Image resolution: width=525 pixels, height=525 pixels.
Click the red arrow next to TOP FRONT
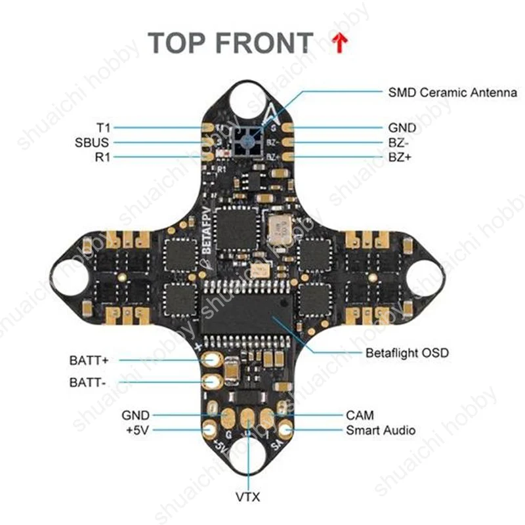coord(339,44)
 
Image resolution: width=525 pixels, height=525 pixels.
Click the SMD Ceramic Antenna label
coord(452,93)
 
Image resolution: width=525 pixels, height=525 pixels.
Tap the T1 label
coord(103,127)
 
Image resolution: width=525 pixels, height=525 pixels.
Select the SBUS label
coord(92,142)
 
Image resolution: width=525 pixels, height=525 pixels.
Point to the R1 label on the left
coord(102,157)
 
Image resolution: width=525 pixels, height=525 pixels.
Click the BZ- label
coord(400,142)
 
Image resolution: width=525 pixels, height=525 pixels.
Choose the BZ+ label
coord(400,157)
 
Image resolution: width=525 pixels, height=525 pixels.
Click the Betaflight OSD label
coord(407,353)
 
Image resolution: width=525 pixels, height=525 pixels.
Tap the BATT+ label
coord(89,360)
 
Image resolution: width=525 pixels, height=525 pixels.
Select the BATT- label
coord(87,381)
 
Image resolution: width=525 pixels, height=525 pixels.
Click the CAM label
coord(360,415)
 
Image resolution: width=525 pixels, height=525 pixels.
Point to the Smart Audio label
coord(381,430)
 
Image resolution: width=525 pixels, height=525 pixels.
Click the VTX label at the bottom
coord(247,497)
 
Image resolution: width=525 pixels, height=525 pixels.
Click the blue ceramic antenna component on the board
coord(247,141)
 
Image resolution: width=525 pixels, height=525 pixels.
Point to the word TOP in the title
coord(177,43)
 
